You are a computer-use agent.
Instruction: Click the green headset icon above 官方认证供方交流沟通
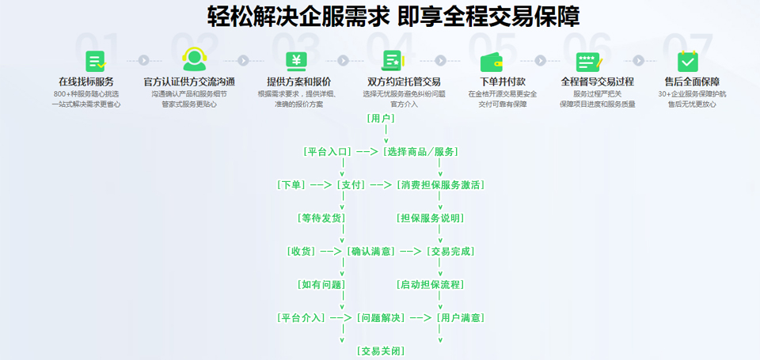[195, 59]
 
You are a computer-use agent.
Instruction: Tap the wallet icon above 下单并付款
[491, 62]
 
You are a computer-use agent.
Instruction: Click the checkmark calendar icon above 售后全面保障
[687, 61]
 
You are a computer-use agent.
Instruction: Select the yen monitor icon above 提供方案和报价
[296, 61]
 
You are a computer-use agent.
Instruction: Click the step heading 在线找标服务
[86, 81]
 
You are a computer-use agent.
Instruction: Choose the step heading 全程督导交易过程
[597, 81]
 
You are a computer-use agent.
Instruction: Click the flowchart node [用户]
[381, 118]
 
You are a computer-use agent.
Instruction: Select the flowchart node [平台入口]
[328, 152]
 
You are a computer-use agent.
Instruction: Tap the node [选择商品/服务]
[420, 152]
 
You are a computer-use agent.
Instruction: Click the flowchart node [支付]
[351, 184]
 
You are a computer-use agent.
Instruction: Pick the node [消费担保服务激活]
[441, 184]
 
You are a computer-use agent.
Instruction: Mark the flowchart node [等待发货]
[321, 218]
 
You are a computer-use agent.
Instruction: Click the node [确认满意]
[371, 252]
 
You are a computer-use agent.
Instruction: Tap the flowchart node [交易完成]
[450, 252]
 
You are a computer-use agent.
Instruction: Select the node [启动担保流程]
[431, 284]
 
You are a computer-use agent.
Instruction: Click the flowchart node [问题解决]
[381, 318]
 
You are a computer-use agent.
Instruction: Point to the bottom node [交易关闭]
[381, 351]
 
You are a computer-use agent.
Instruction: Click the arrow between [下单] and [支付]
[321, 184]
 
